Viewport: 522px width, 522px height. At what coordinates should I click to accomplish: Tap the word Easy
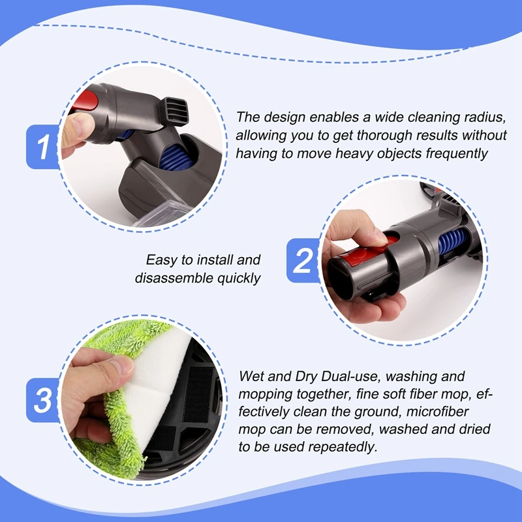(161, 260)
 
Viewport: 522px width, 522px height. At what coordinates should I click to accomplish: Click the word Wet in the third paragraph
(252, 376)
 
